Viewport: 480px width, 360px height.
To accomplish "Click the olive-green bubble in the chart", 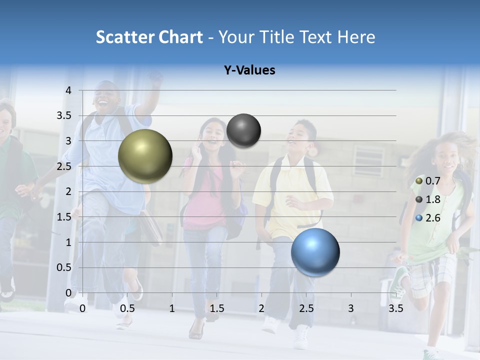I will coord(145,156).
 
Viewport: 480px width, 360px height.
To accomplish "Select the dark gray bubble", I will coord(243,130).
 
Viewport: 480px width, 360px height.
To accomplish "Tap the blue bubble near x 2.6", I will coord(315,252).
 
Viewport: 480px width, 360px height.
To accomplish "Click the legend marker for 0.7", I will coord(419,180).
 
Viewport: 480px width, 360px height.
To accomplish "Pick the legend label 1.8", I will coord(433,199).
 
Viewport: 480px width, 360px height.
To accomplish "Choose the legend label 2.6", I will coord(433,218).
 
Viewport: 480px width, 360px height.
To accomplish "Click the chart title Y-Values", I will coord(249,70).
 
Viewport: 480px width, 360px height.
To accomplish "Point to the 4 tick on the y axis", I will coord(68,90).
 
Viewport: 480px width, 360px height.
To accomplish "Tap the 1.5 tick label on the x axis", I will coord(217,308).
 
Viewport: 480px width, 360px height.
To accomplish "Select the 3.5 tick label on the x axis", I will coord(396,308).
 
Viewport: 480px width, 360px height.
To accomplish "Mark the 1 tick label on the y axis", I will coord(68,242).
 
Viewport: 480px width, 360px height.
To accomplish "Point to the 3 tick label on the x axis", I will coord(351,308).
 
